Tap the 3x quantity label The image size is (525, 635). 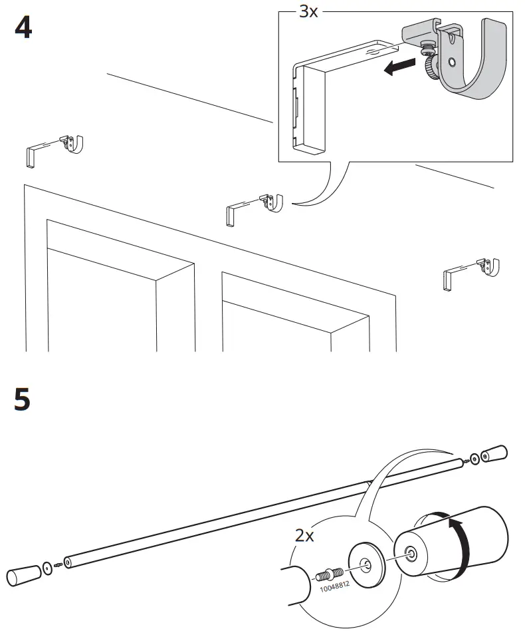[x=308, y=12]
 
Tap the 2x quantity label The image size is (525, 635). [x=305, y=535]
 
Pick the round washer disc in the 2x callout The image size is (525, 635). [x=365, y=565]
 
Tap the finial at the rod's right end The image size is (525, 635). [x=493, y=456]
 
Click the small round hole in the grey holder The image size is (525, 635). [x=451, y=62]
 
